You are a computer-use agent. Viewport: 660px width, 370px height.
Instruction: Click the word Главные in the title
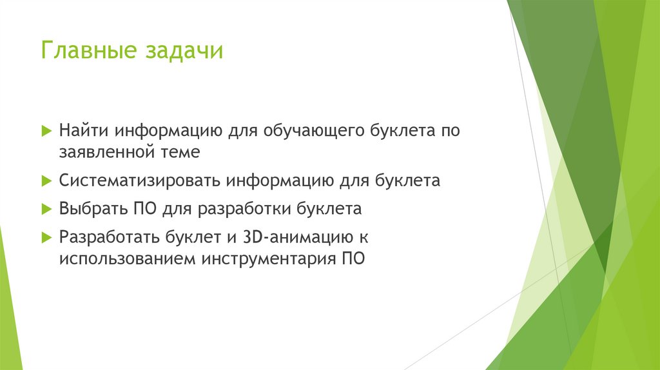pos(86,51)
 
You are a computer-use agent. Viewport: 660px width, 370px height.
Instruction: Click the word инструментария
pos(266,260)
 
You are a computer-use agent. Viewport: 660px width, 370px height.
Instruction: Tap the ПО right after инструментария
pos(352,260)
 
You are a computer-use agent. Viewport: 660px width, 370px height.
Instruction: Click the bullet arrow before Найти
pos(46,130)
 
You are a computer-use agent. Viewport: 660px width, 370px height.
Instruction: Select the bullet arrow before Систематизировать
pos(46,181)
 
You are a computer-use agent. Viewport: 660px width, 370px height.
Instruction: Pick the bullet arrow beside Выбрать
pos(46,209)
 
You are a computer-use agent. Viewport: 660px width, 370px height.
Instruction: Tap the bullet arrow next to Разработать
pos(46,237)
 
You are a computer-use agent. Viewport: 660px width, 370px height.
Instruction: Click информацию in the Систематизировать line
pos(279,180)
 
